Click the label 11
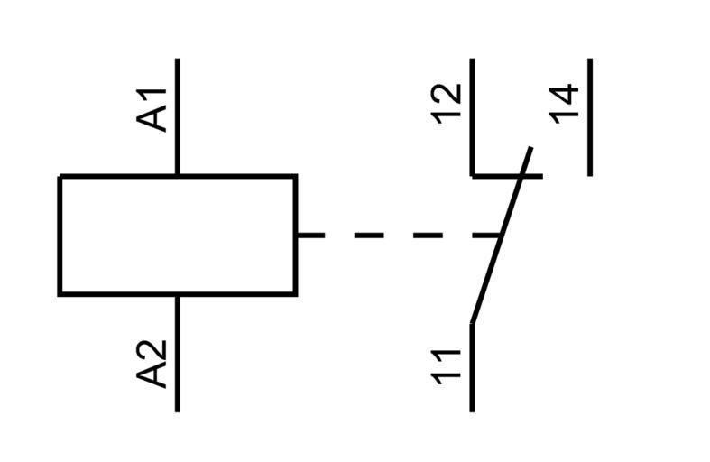click(x=447, y=365)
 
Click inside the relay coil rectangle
click(x=178, y=235)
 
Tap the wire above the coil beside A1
click(x=178, y=117)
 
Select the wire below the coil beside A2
click(x=178, y=352)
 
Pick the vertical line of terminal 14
click(x=590, y=117)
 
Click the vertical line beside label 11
click(x=473, y=365)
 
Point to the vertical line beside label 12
click(x=473, y=117)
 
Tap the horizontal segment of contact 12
click(x=505, y=175)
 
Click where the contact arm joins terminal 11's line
click(x=473, y=322)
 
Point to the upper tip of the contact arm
click(x=530, y=148)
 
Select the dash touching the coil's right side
click(x=310, y=236)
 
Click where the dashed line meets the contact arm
click(x=502, y=236)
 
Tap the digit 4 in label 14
click(x=564, y=93)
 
